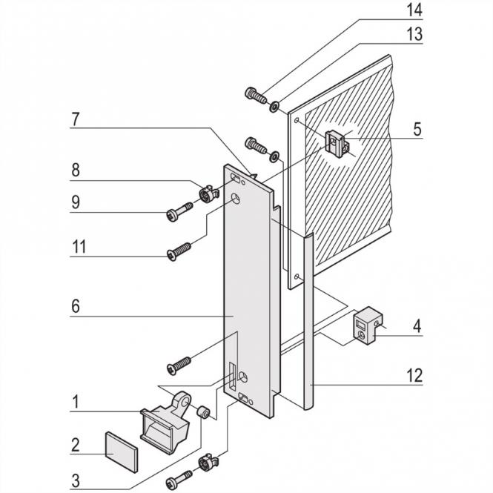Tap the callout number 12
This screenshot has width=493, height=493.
[414, 376]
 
